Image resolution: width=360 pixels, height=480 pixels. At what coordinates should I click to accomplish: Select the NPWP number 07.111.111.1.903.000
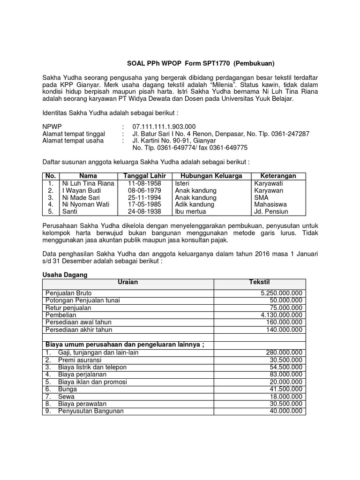pyautogui.click(x=164, y=127)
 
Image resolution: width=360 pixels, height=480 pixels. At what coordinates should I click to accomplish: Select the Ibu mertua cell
pyautogui.click(x=190, y=211)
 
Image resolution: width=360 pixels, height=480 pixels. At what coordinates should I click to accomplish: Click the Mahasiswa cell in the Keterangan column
pyautogui.click(x=271, y=204)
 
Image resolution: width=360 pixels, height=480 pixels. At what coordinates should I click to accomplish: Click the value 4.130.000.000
pyautogui.click(x=281, y=315)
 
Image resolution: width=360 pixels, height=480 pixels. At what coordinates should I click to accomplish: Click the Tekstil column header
pyautogui.click(x=260, y=283)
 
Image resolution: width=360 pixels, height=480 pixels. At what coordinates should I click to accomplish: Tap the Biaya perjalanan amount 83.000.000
pyautogui.click(x=286, y=374)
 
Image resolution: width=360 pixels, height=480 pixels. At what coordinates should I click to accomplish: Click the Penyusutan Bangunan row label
pyautogui.click(x=90, y=411)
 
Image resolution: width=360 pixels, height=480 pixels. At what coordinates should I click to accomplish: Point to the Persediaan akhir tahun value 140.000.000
pyautogui.click(x=284, y=330)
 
